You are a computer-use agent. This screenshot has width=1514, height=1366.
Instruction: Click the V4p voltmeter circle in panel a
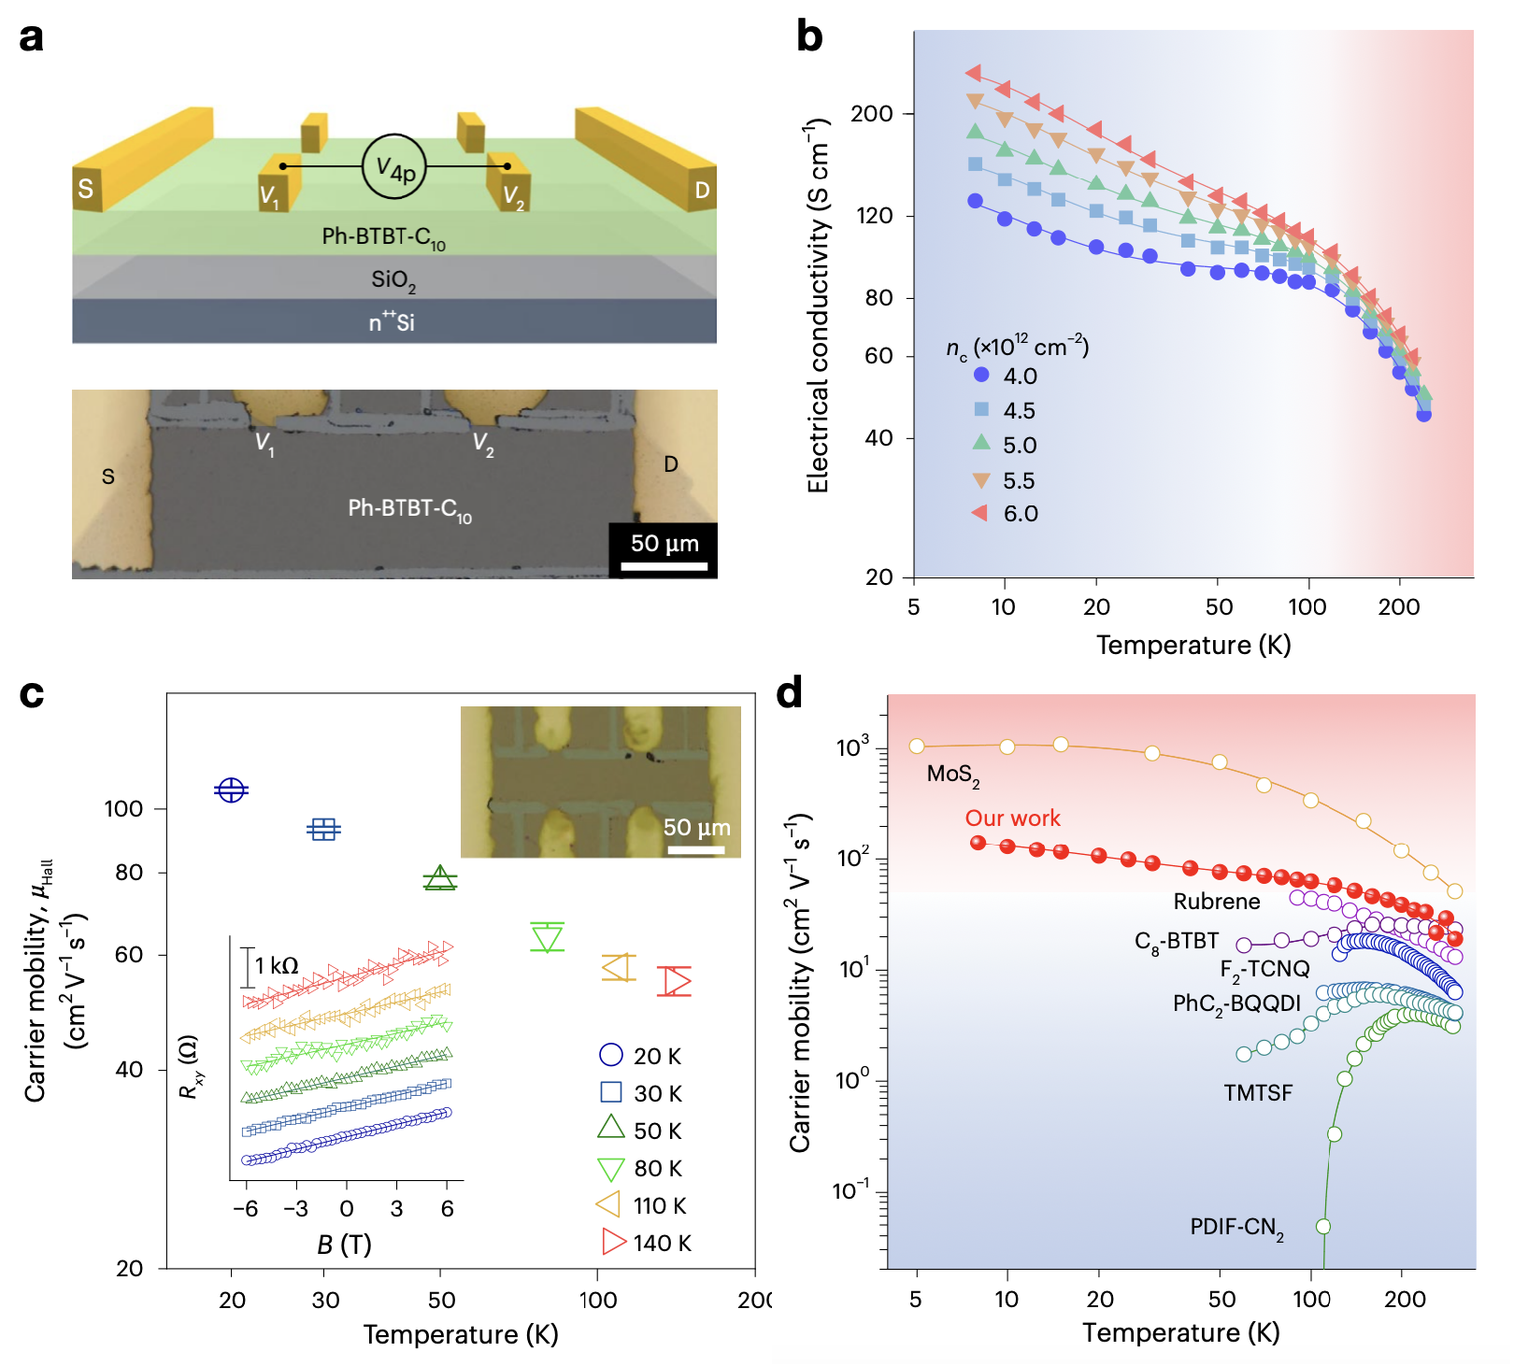pyautogui.click(x=394, y=167)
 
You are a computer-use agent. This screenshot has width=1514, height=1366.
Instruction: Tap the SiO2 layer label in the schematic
pyautogui.click(x=393, y=279)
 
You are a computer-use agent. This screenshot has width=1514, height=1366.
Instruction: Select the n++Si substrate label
pyautogui.click(x=392, y=322)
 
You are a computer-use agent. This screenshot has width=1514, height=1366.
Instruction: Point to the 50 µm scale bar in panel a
pyautogui.click(x=664, y=564)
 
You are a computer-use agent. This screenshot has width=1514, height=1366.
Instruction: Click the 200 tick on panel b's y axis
pyautogui.click(x=872, y=114)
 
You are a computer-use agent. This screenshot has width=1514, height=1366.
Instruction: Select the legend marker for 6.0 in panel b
pyautogui.click(x=980, y=513)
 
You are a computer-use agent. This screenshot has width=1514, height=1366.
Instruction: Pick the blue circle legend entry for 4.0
pyautogui.click(x=981, y=376)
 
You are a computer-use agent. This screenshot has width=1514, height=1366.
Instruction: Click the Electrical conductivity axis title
pyautogui.click(x=818, y=306)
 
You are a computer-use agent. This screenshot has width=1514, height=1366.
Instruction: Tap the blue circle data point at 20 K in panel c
pyautogui.click(x=231, y=790)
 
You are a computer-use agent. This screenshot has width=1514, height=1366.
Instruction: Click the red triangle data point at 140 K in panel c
pyautogui.click(x=674, y=981)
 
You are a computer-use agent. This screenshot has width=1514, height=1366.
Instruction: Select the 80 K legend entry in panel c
pyautogui.click(x=641, y=1169)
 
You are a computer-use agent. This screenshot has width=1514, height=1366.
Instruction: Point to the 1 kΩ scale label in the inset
pyautogui.click(x=277, y=965)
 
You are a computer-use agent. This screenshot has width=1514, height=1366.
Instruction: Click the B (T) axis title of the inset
pyautogui.click(x=344, y=1245)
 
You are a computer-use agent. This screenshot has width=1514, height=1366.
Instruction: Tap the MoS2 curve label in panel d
pyautogui.click(x=953, y=775)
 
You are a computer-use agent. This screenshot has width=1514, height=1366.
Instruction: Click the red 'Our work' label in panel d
pyautogui.click(x=1012, y=818)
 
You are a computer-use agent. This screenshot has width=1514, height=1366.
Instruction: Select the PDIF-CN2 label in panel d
pyautogui.click(x=1236, y=1228)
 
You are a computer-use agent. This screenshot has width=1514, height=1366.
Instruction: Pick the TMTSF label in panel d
pyautogui.click(x=1258, y=1092)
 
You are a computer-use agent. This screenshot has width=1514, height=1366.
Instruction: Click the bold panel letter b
pyautogui.click(x=809, y=36)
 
